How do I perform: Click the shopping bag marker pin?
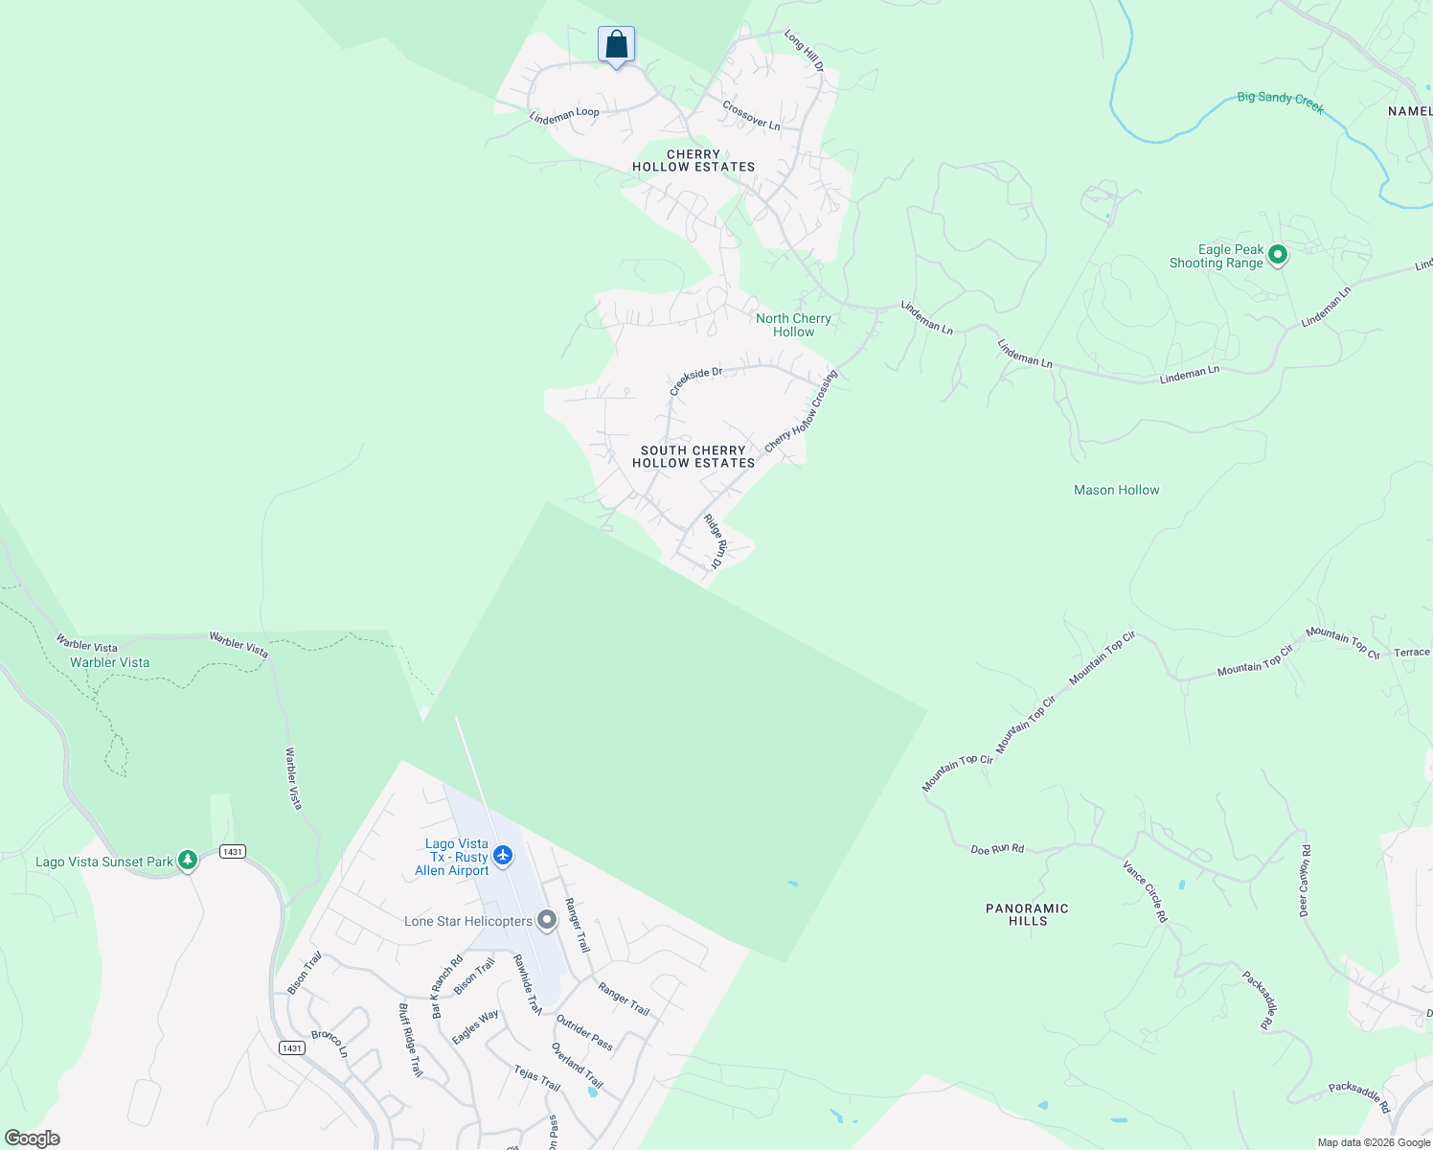tap(616, 45)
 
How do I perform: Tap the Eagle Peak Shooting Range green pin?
tap(1277, 255)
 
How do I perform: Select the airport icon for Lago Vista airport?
tap(503, 855)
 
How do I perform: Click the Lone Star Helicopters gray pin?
tap(547, 920)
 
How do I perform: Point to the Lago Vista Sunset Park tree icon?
tap(188, 860)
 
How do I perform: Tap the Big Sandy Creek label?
tap(1281, 102)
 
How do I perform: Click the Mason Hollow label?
tap(1116, 490)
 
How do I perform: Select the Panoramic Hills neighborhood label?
tap(1027, 914)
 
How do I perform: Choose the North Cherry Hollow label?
tap(793, 325)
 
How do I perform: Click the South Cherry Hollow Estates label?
tap(694, 456)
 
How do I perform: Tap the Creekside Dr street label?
tap(695, 379)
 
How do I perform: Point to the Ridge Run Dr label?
tap(716, 543)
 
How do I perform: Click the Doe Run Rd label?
tap(997, 849)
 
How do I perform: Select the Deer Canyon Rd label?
tap(1305, 881)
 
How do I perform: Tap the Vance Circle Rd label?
tap(1146, 891)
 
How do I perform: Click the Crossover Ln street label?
tap(751, 116)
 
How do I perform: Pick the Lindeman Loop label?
tap(564, 115)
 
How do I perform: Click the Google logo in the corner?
tap(32, 1138)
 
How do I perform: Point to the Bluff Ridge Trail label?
tap(410, 1040)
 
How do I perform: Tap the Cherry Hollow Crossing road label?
tap(801, 412)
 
